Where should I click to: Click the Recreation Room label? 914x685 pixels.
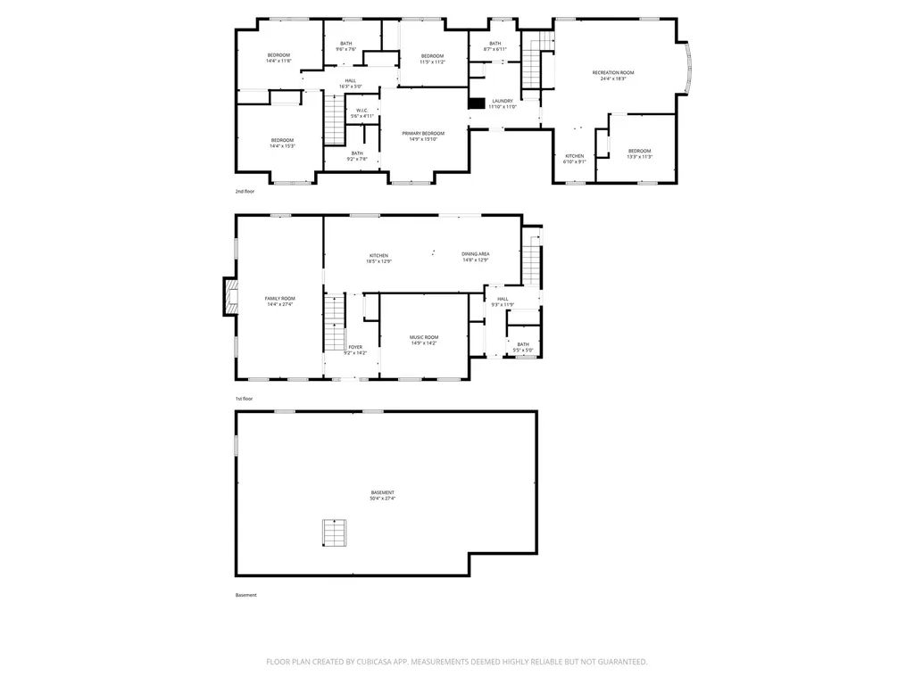[x=613, y=75]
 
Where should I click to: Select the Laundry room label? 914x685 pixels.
[x=503, y=103]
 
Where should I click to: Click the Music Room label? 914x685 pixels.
[x=423, y=340]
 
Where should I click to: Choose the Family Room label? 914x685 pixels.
[x=279, y=301]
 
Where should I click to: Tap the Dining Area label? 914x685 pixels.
[x=475, y=257]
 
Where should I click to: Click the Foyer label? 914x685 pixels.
[x=355, y=350]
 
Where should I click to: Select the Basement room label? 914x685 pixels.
[x=382, y=495]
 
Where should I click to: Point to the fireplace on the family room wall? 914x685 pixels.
[x=230, y=297]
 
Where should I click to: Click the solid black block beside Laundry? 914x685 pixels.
[x=477, y=103]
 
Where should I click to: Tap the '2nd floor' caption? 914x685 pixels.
[x=245, y=192]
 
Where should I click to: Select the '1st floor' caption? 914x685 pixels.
[x=245, y=399]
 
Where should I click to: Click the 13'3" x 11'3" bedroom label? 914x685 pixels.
[x=639, y=153]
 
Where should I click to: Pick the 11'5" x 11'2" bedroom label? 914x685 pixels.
[x=432, y=59]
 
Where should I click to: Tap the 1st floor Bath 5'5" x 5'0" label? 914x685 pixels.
[x=522, y=347]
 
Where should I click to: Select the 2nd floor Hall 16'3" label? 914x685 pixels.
[x=350, y=83]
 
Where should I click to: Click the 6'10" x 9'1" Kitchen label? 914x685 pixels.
[x=575, y=159]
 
